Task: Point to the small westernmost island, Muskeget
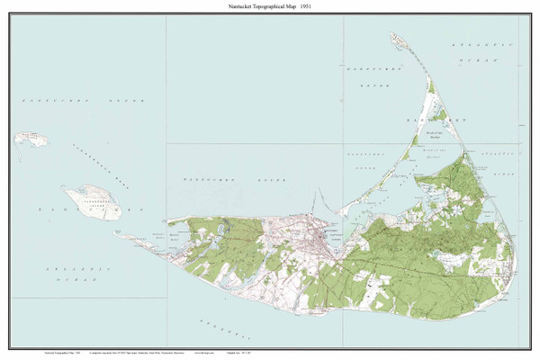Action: (29, 140)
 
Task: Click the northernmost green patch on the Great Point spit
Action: (430, 87)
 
